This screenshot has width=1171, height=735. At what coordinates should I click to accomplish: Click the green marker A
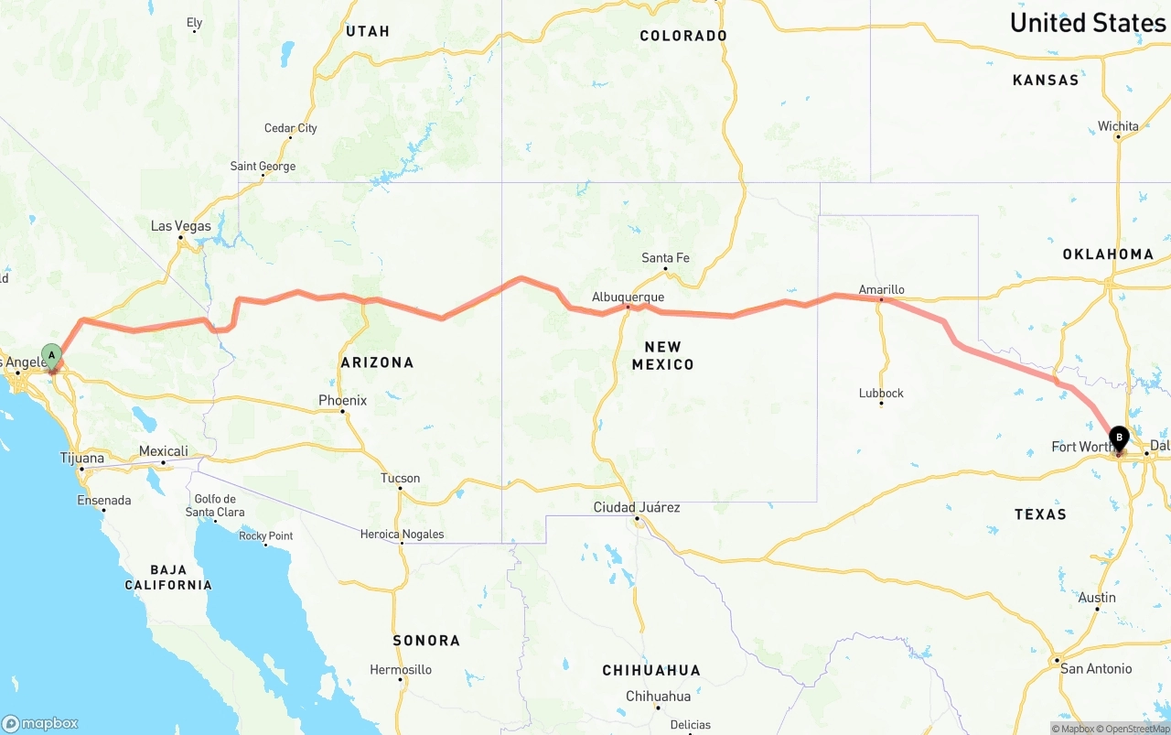(52, 355)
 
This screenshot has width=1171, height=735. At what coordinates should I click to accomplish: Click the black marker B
(1119, 438)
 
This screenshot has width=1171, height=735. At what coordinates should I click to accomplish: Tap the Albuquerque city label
(628, 297)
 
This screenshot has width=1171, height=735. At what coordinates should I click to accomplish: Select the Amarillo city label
(881, 290)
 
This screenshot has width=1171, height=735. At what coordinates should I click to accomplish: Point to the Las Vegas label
(180, 226)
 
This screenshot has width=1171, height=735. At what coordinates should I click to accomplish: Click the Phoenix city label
(342, 400)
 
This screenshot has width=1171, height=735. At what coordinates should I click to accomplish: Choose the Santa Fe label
(665, 258)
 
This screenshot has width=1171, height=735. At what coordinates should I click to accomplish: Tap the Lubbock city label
(881, 394)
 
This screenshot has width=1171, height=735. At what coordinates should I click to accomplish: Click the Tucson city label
(400, 478)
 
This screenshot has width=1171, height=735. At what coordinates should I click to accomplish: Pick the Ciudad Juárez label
(636, 507)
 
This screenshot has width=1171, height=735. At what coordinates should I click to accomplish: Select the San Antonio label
(1095, 669)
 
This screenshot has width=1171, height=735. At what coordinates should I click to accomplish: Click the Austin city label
(1097, 598)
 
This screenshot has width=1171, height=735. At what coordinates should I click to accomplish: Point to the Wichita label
(1118, 126)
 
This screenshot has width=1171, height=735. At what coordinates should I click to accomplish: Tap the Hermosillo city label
(400, 670)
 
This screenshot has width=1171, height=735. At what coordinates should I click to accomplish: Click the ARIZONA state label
(377, 362)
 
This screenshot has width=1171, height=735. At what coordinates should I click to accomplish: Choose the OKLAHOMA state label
(1108, 254)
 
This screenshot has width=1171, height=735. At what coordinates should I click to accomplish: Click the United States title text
(1087, 23)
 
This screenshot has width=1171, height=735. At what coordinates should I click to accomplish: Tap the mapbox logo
(40, 723)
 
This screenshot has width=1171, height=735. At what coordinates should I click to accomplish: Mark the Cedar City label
(290, 128)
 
